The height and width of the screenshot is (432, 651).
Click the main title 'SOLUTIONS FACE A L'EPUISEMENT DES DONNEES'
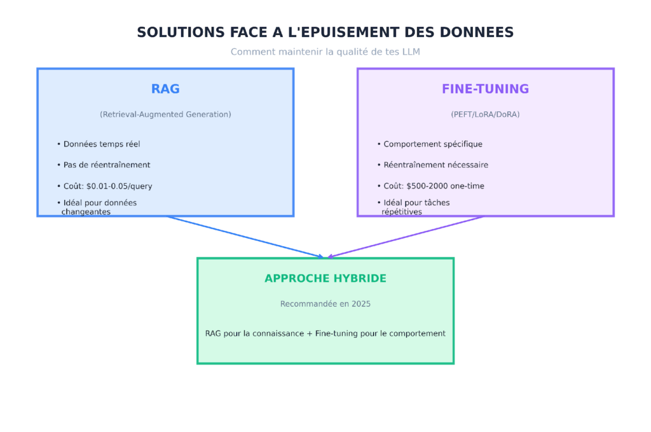[x=325, y=32]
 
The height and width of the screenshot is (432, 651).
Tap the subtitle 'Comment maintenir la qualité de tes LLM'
[x=325, y=52]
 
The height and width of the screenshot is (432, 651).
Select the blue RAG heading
[x=165, y=89]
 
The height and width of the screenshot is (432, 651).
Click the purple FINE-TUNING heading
[x=485, y=89]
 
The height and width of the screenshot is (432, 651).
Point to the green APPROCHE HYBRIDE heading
[x=325, y=279]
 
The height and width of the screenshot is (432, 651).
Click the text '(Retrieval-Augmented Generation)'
[x=165, y=115]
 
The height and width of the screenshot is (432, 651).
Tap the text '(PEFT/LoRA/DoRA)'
[x=485, y=115]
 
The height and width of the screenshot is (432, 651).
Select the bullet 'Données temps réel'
[x=101, y=144]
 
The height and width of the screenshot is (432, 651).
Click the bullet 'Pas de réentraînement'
[x=106, y=165]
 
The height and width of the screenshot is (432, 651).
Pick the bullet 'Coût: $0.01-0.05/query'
[x=107, y=186]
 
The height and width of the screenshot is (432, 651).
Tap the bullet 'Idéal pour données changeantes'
[x=99, y=207]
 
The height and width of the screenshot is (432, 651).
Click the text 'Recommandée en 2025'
[x=325, y=304]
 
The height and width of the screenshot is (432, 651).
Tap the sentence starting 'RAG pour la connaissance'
[x=325, y=333]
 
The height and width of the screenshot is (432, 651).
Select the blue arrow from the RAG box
[x=245, y=237]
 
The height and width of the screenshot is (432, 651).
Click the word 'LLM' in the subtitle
[x=411, y=52]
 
